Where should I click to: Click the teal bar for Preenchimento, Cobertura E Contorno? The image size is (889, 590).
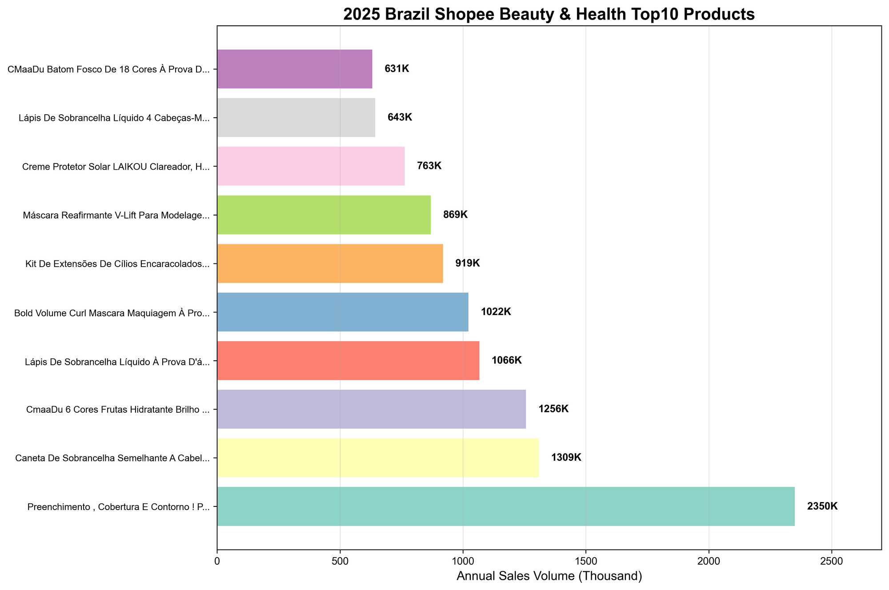point(505,506)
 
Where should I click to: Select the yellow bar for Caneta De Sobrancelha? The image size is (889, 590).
point(378,458)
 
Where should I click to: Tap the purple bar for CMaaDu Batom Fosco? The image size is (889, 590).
point(294,69)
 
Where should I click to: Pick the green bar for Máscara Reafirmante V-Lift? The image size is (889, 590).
point(324,215)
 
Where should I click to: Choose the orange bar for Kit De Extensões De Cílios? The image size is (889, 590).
point(330,263)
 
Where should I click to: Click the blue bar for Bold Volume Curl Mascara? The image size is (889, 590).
point(342,312)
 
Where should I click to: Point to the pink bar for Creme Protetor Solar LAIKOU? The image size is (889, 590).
point(311,166)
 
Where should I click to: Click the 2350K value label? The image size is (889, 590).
point(822,506)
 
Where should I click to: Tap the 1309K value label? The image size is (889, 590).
point(566,458)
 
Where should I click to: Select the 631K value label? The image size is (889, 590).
point(396,69)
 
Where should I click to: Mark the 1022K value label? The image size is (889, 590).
point(496,312)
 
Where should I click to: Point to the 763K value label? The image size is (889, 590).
point(429,166)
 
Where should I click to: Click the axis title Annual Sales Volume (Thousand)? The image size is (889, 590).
point(549,577)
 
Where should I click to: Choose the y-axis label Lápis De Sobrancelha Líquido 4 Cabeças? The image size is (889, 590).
point(114,118)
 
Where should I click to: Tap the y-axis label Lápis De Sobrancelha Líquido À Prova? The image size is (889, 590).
point(118,361)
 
